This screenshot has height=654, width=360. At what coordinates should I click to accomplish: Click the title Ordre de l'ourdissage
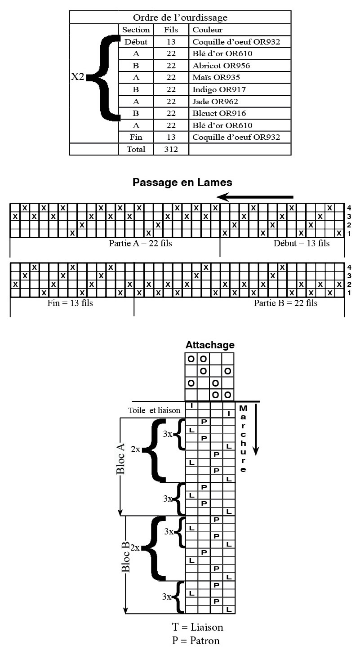coord(180,18)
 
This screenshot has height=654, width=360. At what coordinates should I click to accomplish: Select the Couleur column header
coord(207,30)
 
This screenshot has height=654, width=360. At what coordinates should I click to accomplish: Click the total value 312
coord(171,149)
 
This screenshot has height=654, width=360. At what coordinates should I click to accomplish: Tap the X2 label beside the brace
coord(77,77)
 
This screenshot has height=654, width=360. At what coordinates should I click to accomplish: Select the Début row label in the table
coord(136,42)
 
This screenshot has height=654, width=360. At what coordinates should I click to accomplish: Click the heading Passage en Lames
coord(182,182)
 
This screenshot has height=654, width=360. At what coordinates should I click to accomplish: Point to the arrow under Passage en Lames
coord(254,197)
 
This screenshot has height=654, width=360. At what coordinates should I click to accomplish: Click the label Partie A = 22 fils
coord(140,243)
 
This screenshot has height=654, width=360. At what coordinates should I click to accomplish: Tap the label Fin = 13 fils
coord(70,303)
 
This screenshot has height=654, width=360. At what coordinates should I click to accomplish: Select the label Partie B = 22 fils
coord(285,303)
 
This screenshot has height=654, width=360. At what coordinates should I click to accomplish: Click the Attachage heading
coord(210,345)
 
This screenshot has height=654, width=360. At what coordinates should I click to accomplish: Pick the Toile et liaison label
coord(154,410)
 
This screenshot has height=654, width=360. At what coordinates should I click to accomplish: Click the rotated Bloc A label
coord(120,458)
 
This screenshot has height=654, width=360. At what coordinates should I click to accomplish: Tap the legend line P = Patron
coord(196,640)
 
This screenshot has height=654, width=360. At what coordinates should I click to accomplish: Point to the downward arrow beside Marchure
coord(256,429)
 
